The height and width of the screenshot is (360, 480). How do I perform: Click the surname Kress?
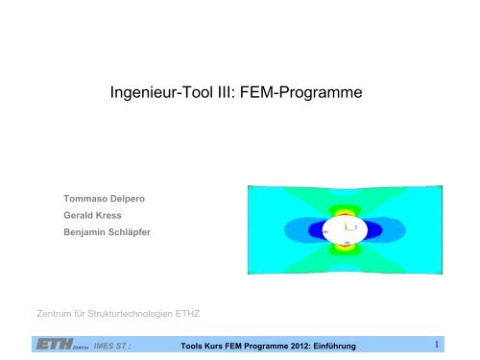118,217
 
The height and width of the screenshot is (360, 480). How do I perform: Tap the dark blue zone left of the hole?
302,231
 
